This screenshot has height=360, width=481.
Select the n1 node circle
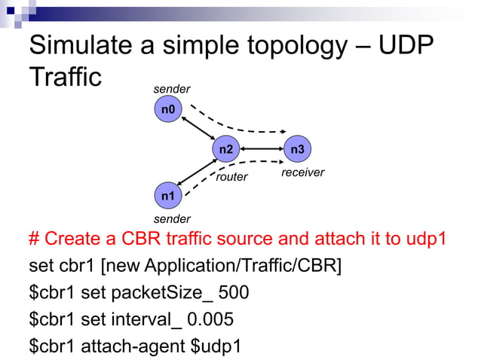click(x=167, y=197)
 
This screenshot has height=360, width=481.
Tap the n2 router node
click(x=225, y=150)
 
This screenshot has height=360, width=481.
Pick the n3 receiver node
click(x=297, y=150)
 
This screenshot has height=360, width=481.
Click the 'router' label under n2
click(x=231, y=178)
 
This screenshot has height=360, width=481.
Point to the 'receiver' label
click(x=302, y=172)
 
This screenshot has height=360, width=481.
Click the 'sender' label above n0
click(x=172, y=90)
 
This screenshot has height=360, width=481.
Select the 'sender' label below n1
click(x=172, y=219)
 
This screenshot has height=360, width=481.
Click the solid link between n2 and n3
click(x=261, y=150)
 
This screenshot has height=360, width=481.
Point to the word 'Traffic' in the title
click(x=64, y=78)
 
